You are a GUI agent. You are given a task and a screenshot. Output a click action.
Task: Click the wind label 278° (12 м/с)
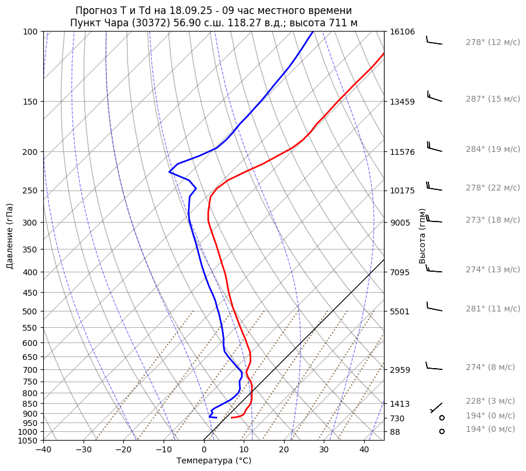coord(493,43)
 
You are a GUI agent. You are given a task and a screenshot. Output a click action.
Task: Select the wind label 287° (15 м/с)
coord(493,99)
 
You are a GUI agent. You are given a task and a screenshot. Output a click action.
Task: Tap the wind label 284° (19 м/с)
coord(493,150)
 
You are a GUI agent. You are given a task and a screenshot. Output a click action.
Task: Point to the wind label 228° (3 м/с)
coord(490,401)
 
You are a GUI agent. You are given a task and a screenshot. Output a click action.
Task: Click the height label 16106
coord(403,32)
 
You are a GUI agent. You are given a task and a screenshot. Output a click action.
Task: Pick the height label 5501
coord(400,311)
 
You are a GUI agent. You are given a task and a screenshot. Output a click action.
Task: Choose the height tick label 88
coord(396,432)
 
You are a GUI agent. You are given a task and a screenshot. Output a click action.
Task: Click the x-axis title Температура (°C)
coord(214,461)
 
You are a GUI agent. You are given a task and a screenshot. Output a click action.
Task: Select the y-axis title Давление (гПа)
coord(10,236)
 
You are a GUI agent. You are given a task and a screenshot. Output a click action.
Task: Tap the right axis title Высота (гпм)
coord(423,236)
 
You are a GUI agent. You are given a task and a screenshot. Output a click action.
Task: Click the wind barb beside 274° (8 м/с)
coord(434,367)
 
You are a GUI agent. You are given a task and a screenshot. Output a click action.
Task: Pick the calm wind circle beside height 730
coord(442,418)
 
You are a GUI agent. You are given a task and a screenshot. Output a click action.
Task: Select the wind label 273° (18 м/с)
coord(493,220)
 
